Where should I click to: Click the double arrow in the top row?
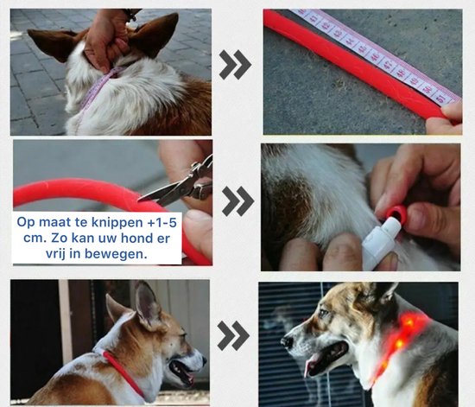pyautogui.click(x=235, y=65)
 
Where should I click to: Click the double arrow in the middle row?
pyautogui.click(x=237, y=200)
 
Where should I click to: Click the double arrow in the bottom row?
pyautogui.click(x=233, y=336)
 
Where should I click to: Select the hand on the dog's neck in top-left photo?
pyautogui.click(x=109, y=40)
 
